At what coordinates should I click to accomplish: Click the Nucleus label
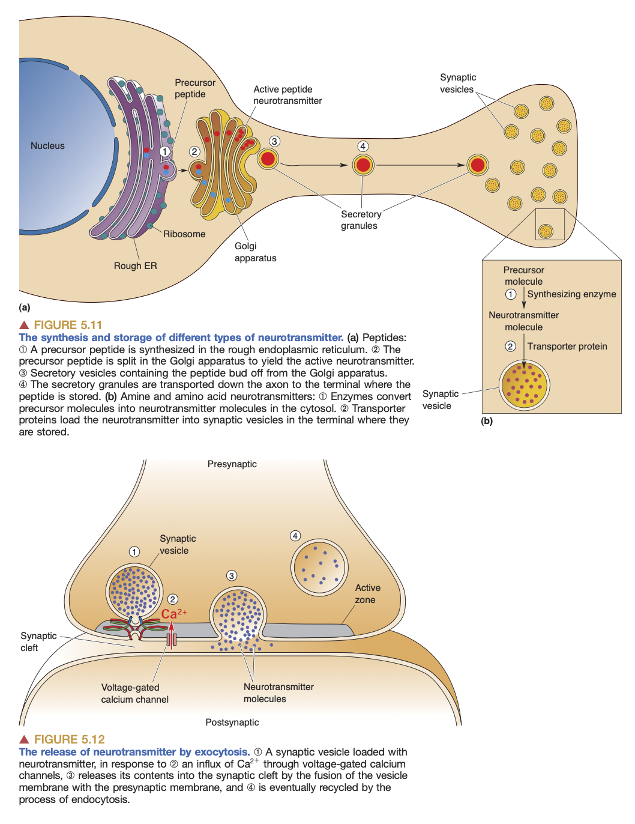pos(47,146)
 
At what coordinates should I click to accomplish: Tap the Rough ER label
pos(135,265)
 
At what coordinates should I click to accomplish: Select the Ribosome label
pos(184,234)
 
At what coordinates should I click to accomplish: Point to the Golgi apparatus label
pos(255,252)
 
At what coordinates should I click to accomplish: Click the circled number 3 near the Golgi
pos(274,141)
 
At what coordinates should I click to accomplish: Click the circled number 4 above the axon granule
pos(363,146)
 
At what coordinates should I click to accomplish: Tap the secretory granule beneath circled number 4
pos(363,165)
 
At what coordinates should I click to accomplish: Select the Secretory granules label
pos(360,220)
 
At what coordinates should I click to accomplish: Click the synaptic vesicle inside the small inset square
pos(546,231)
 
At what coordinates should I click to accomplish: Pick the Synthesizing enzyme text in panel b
pos(571,294)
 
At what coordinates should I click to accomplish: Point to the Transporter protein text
pos(567,347)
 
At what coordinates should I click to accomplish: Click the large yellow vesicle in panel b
pos(525,386)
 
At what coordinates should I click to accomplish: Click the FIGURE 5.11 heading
pos(68,325)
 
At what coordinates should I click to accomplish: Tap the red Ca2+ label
pos(173,614)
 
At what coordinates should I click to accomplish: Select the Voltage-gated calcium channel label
pos(134,694)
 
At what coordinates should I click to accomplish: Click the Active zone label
pos(367,594)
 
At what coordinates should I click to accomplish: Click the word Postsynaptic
pos(232,723)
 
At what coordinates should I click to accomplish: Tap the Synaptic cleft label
pos(38,642)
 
